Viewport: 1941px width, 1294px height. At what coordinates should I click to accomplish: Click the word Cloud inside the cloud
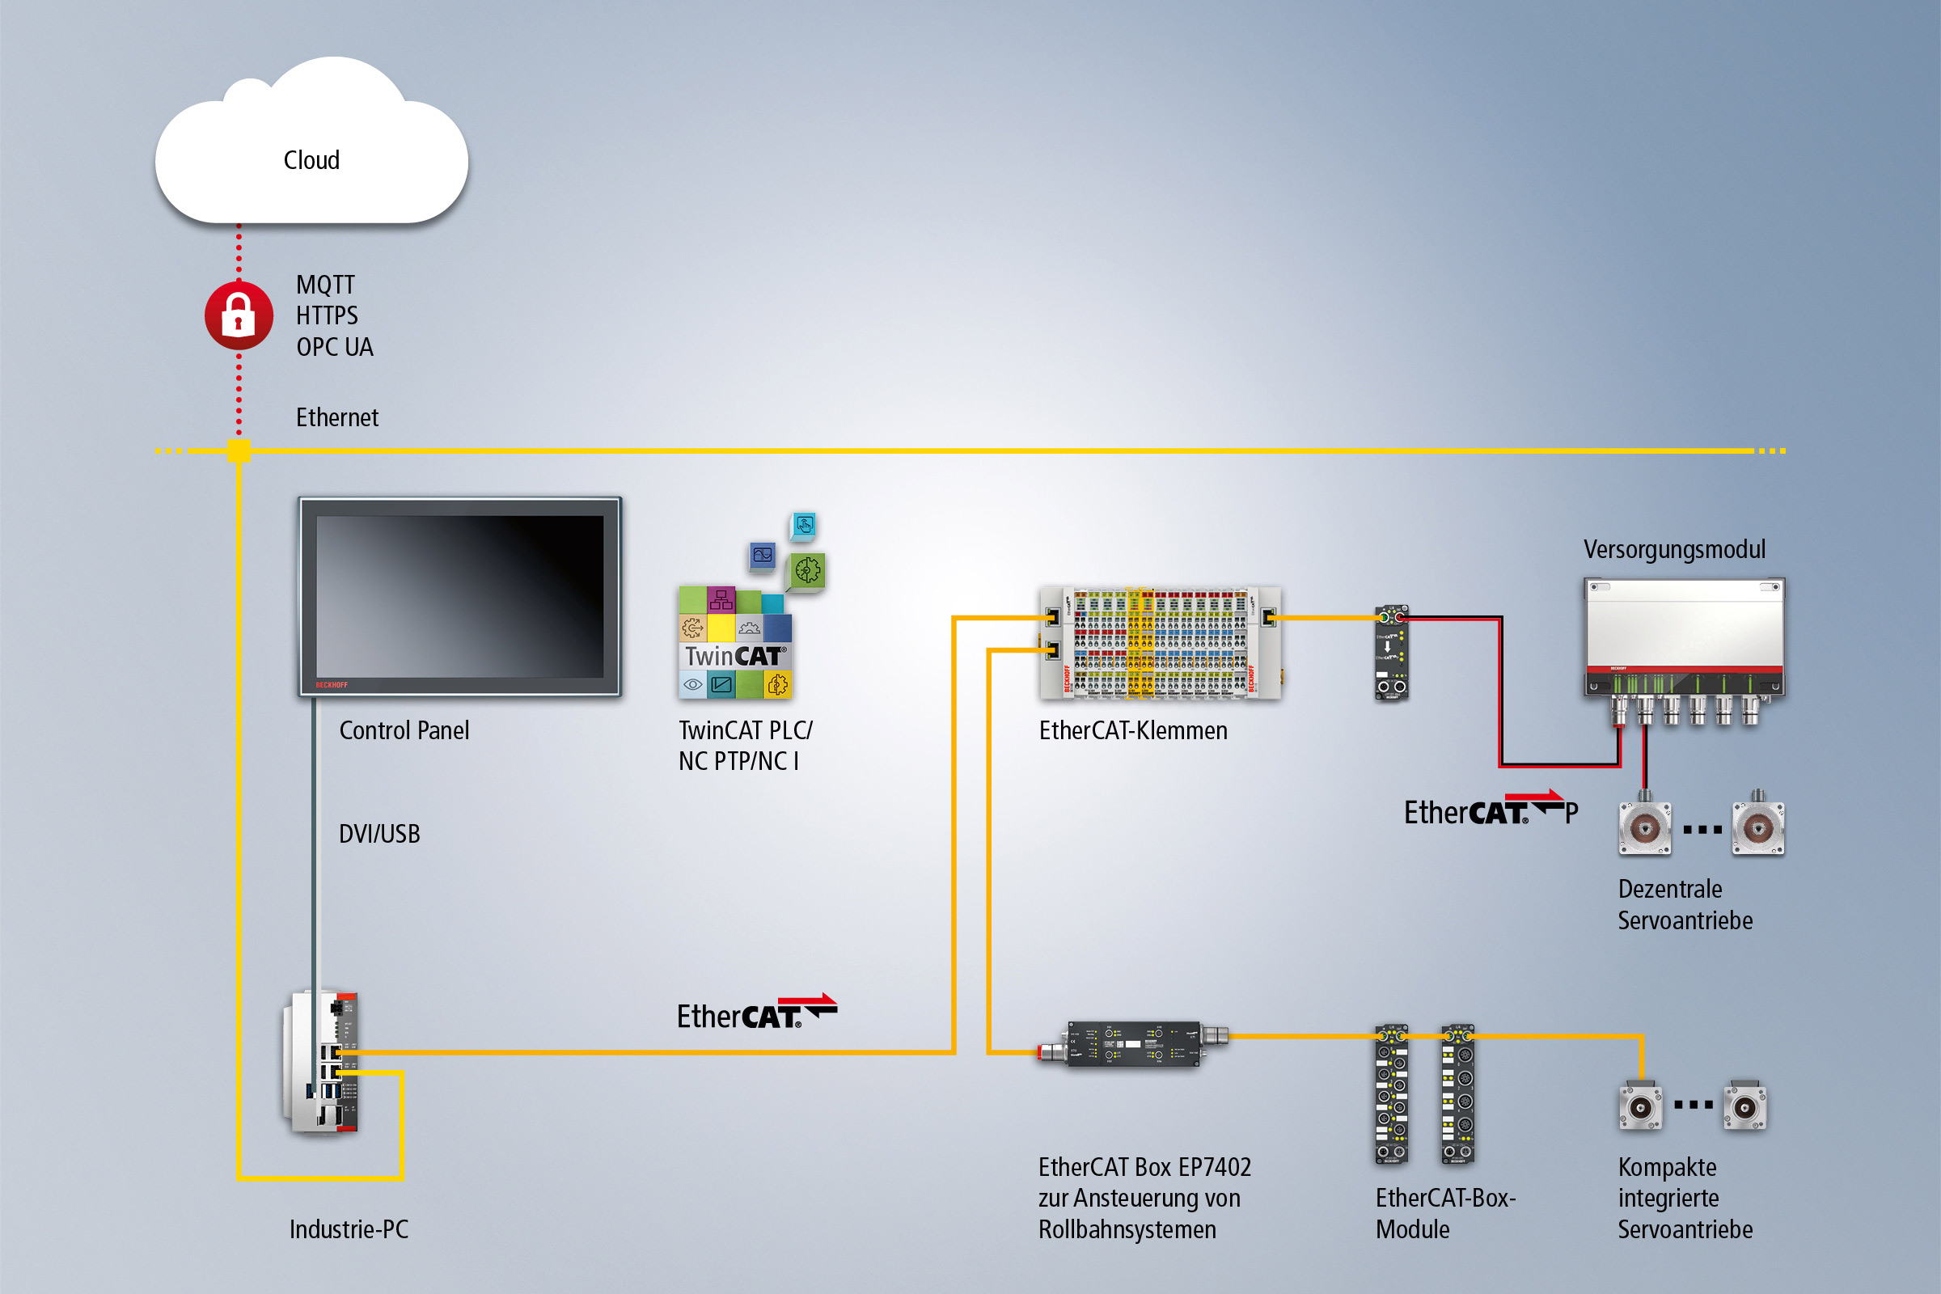point(311,160)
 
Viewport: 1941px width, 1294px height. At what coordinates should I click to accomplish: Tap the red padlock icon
point(239,315)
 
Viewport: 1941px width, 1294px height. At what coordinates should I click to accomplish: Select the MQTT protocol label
point(325,285)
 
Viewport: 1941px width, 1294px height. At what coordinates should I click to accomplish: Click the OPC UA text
point(334,348)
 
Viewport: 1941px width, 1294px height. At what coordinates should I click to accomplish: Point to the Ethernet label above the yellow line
point(336,417)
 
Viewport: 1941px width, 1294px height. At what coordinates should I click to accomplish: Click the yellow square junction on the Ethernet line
point(239,450)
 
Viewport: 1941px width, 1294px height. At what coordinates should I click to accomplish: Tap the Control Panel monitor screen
point(459,596)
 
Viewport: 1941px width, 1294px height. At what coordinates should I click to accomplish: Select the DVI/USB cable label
point(378,834)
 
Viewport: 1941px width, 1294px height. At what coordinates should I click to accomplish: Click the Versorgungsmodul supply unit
point(1684,644)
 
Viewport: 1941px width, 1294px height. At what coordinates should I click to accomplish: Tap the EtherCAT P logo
point(1491,810)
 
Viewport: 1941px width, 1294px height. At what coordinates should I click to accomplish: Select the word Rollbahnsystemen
point(1127,1229)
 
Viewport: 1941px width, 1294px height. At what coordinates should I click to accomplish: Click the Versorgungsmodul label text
point(1673,550)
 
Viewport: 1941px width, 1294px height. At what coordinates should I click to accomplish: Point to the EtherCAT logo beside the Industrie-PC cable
point(756,1013)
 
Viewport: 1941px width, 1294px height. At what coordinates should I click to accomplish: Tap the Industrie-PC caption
point(349,1229)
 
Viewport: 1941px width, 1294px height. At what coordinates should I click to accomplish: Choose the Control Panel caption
point(404,730)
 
